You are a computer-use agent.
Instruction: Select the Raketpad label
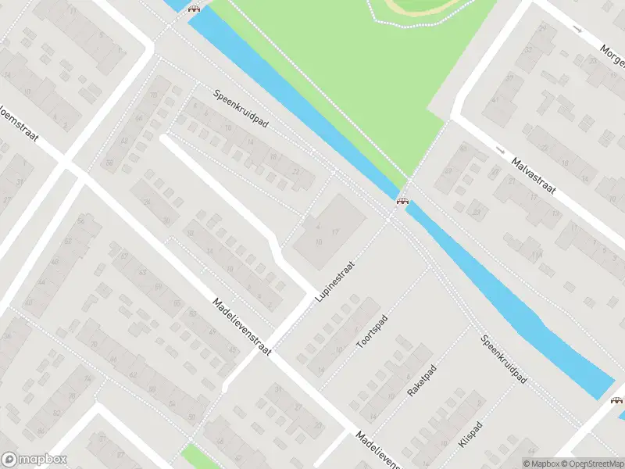pos(420,378)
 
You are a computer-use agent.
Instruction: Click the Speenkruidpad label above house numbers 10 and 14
pos(241,113)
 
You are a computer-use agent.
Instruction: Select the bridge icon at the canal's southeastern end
pos(617,400)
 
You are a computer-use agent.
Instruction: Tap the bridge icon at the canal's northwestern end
pos(193,9)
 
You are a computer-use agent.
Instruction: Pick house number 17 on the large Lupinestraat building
pos(335,233)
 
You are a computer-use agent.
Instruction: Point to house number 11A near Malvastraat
pos(536,254)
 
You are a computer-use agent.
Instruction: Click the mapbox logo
pos(34,460)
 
